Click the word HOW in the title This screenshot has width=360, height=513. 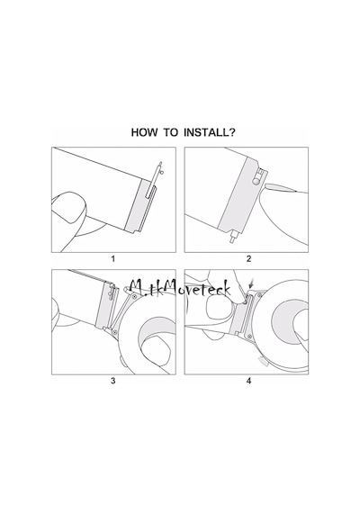point(144,132)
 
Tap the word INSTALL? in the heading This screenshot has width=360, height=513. point(210,132)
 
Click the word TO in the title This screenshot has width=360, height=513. point(170,132)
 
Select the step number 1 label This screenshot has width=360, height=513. point(113,259)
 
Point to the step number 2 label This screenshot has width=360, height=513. point(248,259)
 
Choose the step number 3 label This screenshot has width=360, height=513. point(113,381)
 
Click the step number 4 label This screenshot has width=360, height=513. point(248,381)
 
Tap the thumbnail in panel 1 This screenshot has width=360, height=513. point(69,208)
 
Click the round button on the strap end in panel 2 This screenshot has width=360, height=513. point(256,180)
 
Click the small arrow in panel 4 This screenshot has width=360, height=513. point(251,283)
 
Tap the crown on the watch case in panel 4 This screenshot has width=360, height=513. point(263,362)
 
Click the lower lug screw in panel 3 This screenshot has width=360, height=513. point(115,332)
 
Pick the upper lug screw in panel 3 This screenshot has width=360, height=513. point(134,296)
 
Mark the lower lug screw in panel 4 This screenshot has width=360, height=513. point(249,336)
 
